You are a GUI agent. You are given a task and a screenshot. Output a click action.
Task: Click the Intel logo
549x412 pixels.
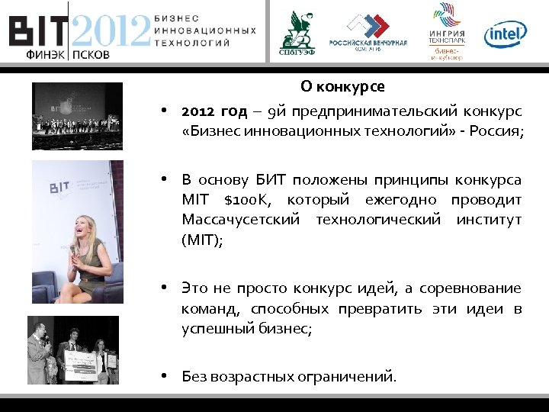[506, 33]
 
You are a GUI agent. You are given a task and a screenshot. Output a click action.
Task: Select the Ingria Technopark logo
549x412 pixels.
[447, 31]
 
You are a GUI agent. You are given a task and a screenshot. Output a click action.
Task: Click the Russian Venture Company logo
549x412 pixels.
[369, 31]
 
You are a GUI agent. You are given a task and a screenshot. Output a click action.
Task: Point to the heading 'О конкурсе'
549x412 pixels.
[342, 86]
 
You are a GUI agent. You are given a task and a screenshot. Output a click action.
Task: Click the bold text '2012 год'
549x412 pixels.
[214, 111]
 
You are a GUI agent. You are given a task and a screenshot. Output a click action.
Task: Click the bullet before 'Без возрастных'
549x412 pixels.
[164, 375]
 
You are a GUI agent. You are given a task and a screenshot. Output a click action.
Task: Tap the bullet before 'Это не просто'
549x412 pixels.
[164, 288]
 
